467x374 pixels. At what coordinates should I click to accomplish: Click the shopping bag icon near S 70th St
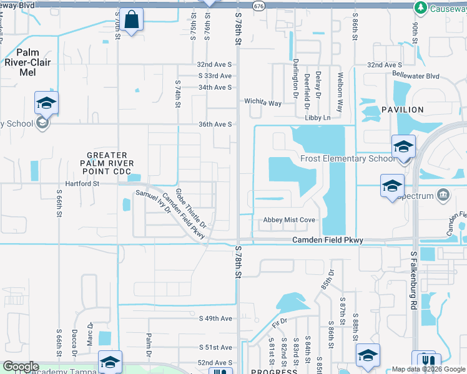132,20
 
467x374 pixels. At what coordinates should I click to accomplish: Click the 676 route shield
258,5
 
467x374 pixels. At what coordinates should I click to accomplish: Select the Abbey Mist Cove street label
288,220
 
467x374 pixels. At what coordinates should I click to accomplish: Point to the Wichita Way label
262,102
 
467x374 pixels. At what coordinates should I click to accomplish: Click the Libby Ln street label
335,117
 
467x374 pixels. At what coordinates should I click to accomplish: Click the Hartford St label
78,184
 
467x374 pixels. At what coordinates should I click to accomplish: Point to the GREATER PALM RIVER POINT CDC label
107,163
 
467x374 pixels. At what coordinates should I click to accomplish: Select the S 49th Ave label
215,319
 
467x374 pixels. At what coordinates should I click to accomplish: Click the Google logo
20,367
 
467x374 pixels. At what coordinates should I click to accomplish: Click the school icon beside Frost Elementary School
403,147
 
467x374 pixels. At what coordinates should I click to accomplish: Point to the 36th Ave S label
215,124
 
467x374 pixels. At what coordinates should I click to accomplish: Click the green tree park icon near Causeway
420,7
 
